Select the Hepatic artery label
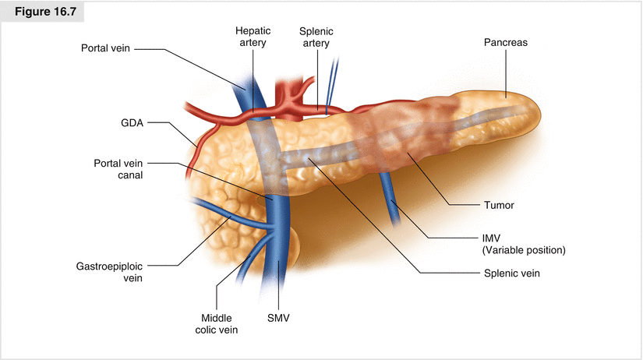click(x=252, y=37)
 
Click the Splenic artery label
click(x=316, y=37)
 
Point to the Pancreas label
click(x=505, y=43)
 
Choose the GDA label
click(x=131, y=123)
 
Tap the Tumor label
click(x=499, y=206)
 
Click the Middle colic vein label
click(x=218, y=323)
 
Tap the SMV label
click(x=277, y=317)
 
